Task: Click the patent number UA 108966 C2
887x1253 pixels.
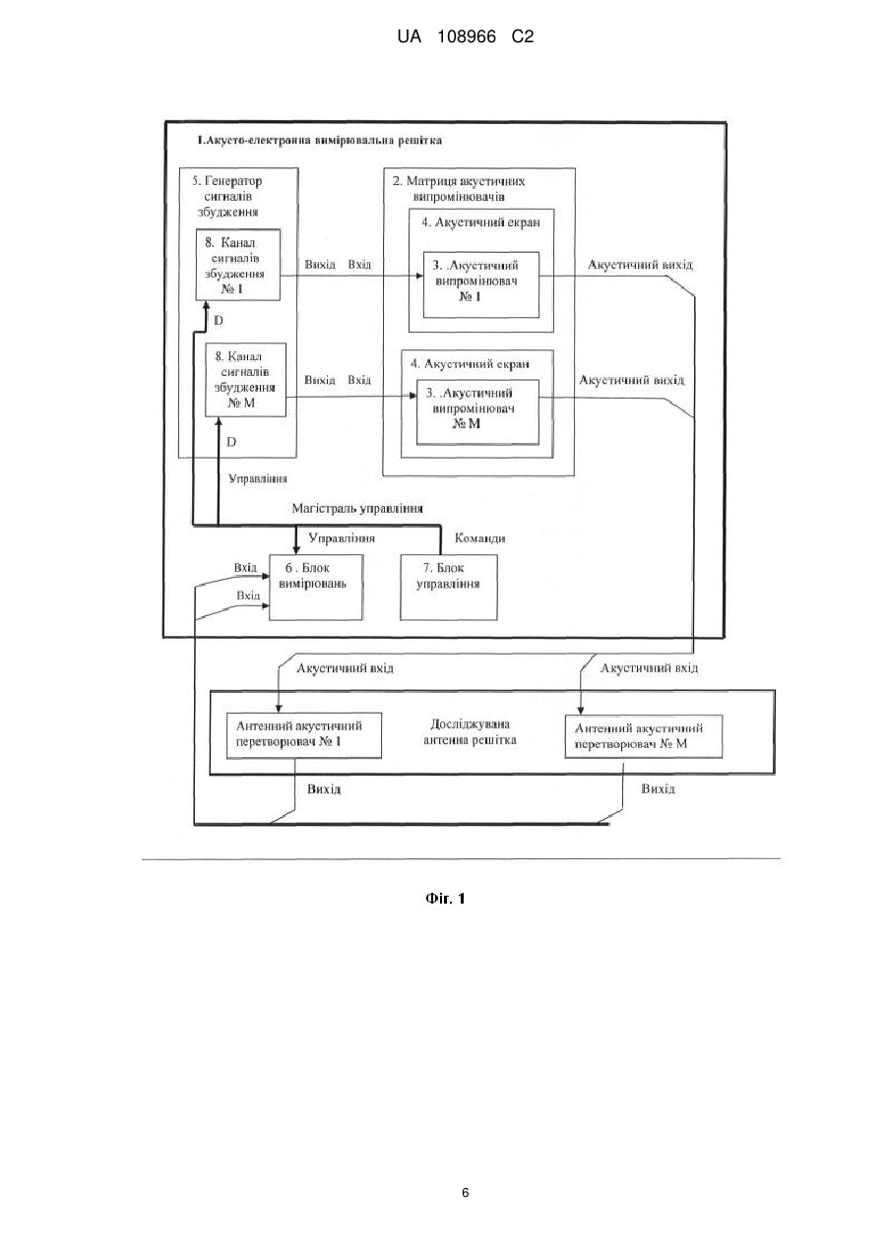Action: coord(465,37)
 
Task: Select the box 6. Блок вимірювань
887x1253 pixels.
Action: coord(316,588)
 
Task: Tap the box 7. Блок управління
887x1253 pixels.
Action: coord(449,588)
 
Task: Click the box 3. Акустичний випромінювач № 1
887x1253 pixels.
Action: coord(481,284)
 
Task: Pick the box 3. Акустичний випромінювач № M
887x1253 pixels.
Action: coord(477,412)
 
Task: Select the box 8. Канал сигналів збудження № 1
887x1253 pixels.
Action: coord(238,265)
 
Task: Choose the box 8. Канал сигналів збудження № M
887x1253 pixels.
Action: coord(246,380)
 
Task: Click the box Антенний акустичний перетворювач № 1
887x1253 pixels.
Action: coord(304,735)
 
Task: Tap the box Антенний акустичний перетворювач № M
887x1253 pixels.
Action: coord(644,736)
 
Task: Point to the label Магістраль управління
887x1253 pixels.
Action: coord(357,509)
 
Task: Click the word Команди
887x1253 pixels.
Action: coord(479,538)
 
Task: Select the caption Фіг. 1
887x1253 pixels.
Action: coord(445,899)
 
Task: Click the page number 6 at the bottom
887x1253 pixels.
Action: coord(465,1193)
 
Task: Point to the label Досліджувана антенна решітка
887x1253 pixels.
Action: coord(471,731)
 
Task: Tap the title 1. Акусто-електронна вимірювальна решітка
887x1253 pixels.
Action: coord(320,141)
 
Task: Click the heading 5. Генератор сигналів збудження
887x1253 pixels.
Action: coord(227,196)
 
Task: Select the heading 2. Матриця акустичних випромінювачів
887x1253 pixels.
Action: coord(459,189)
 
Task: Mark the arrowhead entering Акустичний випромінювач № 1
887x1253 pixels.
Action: coord(419,276)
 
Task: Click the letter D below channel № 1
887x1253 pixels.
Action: coord(219,321)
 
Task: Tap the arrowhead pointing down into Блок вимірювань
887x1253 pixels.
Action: coord(296,550)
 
